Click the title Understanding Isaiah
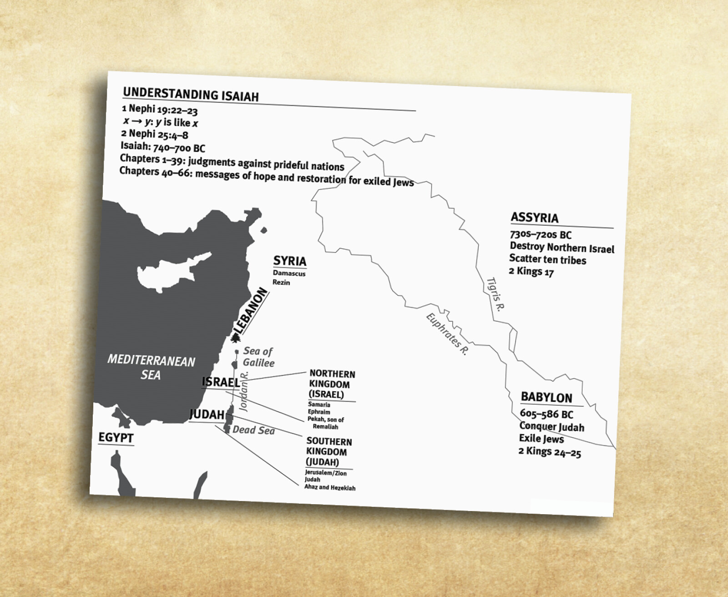tap(191, 94)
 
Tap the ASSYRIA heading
tap(534, 218)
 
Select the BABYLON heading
tap(546, 397)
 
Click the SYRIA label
tap(289, 261)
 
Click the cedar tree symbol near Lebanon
tap(236, 338)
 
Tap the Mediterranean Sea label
tap(151, 368)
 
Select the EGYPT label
tap(116, 438)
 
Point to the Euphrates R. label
tap(446, 334)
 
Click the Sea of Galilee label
tap(258, 357)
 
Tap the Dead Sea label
tap(253, 430)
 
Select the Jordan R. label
tap(245, 391)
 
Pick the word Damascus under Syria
tap(289, 273)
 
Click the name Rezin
tap(281, 282)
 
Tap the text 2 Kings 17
tap(531, 272)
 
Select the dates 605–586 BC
tap(546, 414)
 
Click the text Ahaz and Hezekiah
tap(330, 488)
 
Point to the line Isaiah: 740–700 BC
tap(162, 147)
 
